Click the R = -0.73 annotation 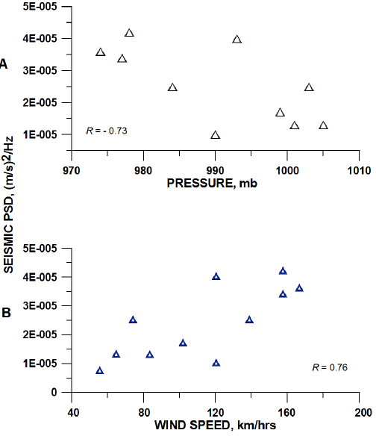(x=107, y=131)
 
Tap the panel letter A (x=4, y=64)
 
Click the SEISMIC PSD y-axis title (x=13, y=217)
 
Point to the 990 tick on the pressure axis (x=215, y=169)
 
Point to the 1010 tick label (x=359, y=169)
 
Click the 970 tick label (x=72, y=169)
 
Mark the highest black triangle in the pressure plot (x=129, y=33)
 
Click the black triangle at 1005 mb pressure (x=323, y=125)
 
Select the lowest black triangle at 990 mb (x=216, y=135)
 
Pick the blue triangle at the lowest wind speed (x=100, y=370)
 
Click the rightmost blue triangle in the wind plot (x=299, y=287)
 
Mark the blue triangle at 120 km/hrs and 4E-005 (x=216, y=276)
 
